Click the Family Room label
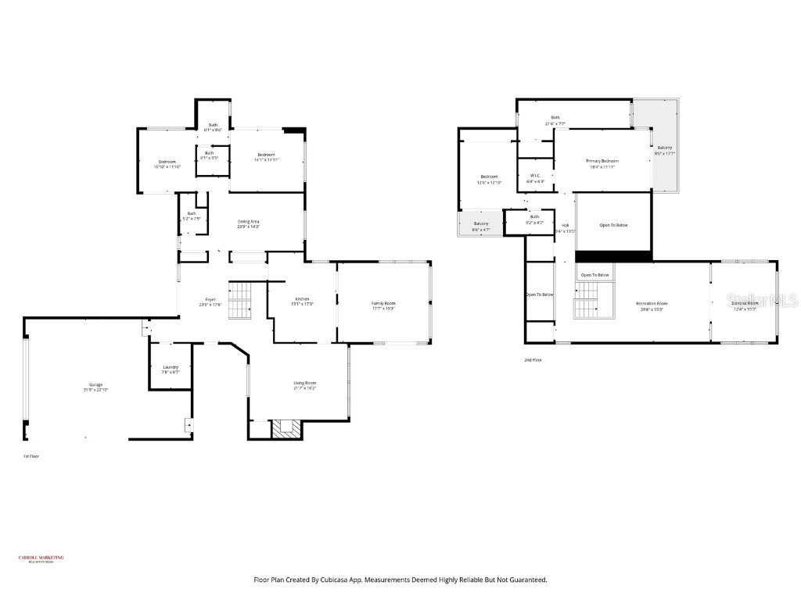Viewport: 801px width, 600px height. pos(383,305)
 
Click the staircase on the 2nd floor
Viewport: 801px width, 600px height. pos(585,300)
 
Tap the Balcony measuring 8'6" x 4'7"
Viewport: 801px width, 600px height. pos(481,226)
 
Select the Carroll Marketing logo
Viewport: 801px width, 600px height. pos(41,559)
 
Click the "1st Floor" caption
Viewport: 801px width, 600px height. pos(31,455)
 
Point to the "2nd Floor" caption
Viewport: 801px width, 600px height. pos(533,360)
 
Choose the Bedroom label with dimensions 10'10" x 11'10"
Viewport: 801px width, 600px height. pos(167,163)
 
